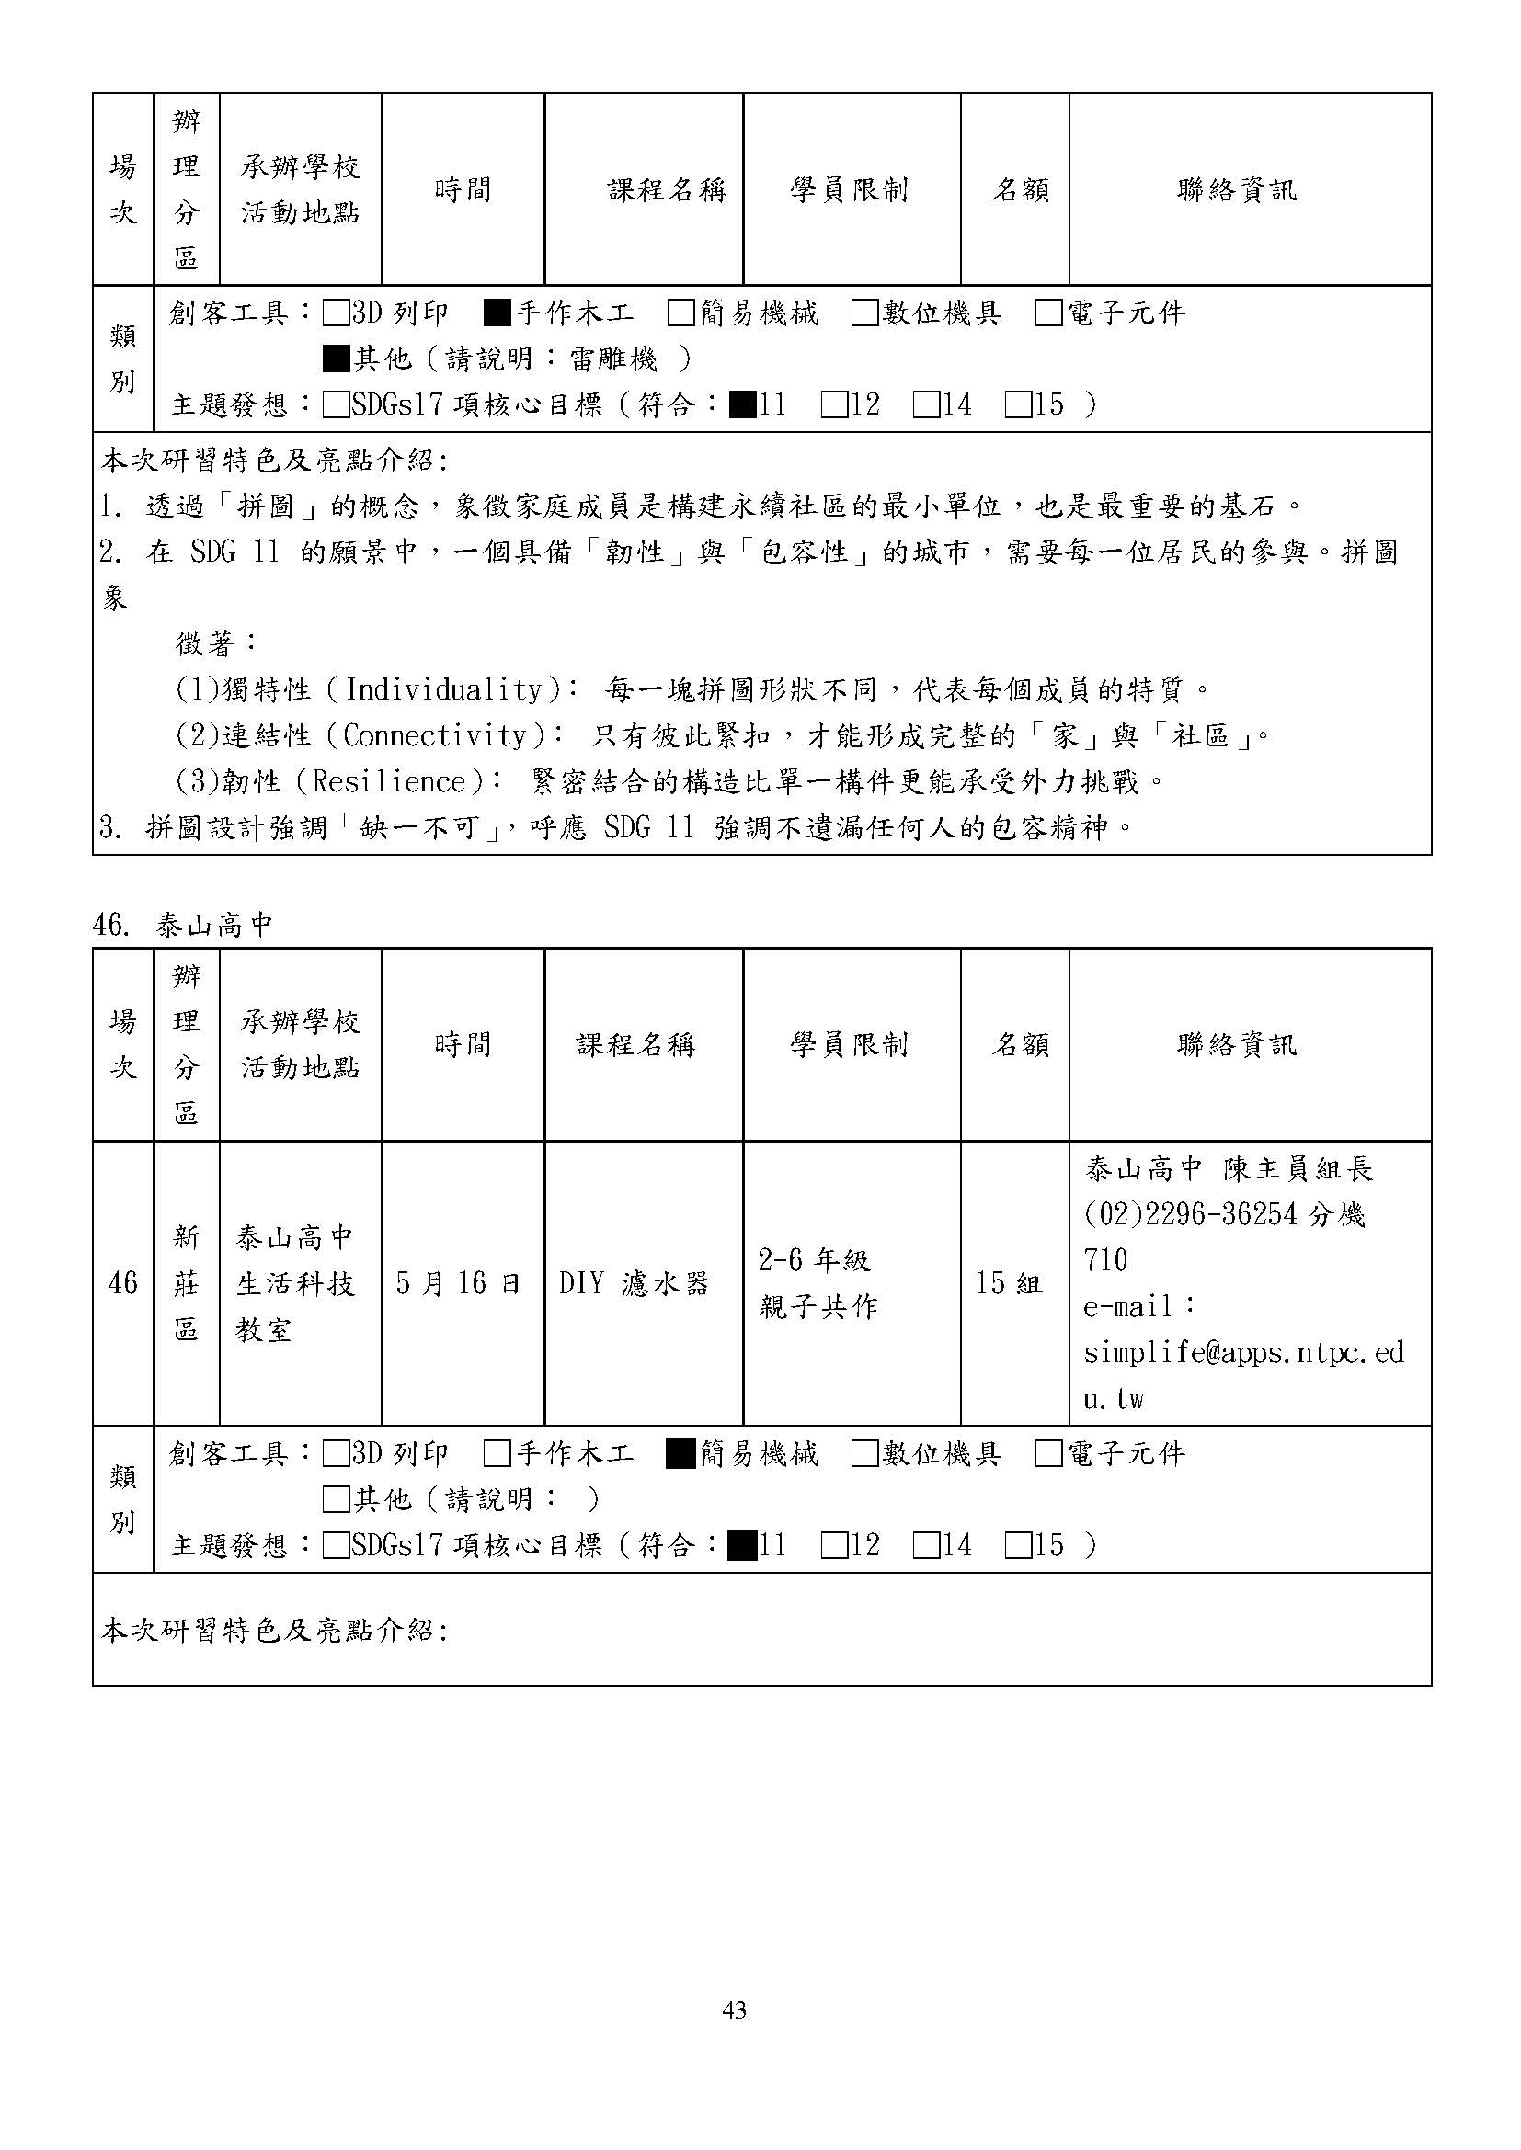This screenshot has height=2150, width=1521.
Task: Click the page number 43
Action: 734,2010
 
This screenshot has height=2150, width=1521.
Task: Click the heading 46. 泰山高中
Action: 183,926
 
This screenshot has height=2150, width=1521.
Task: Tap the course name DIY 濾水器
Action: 635,1283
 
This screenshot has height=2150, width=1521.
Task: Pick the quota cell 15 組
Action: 1009,1283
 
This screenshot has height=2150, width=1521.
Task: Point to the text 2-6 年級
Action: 814,1260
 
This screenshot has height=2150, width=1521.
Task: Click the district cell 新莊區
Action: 187,1283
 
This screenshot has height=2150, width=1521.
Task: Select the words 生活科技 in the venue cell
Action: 296,1283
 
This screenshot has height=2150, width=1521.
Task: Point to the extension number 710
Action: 1105,1260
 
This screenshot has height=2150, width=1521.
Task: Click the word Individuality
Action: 443,690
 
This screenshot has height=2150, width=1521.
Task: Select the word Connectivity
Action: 435,736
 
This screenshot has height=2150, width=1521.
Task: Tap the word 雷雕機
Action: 613,358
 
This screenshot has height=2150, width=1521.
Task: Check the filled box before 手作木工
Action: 497,313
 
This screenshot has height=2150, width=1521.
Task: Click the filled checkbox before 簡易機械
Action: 680,1453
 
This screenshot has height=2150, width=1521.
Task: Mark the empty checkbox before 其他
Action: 336,1500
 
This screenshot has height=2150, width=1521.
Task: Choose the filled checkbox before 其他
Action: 336,358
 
